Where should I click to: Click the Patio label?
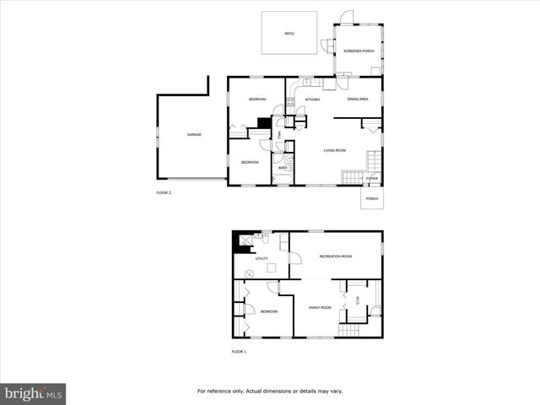289,33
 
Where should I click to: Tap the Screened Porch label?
359,51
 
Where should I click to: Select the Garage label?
194,135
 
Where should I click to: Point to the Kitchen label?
312,100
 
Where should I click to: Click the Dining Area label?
358,100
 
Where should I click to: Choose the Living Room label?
335,150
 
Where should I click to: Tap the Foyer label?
371,179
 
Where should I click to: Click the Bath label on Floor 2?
283,168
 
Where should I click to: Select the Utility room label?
262,258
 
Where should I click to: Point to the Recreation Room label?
335,256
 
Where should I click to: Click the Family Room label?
320,307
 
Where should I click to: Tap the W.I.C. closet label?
358,301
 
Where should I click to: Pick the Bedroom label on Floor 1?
268,311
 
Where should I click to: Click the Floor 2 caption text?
164,193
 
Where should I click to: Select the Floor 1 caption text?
239,351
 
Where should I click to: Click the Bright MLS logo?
34,393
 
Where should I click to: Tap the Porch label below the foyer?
372,198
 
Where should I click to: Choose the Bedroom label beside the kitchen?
257,100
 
